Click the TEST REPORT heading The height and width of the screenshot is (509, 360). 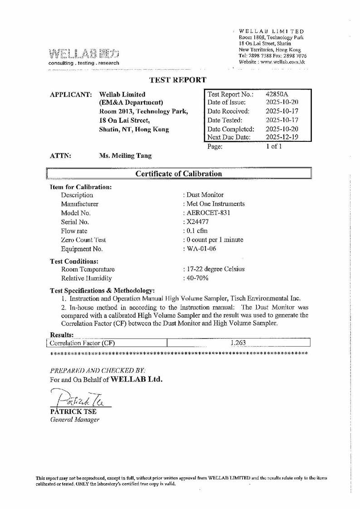point(178,80)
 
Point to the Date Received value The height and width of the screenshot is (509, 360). point(282,111)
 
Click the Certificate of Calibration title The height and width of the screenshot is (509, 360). point(179,174)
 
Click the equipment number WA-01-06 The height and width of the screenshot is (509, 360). point(200,249)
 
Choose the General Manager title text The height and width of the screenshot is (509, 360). point(74,420)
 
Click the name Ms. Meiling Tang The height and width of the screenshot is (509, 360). point(125,155)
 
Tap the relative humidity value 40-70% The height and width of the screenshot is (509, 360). point(196,278)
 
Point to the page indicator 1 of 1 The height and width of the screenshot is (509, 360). point(274,146)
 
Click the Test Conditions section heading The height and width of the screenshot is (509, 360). point(73,261)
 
